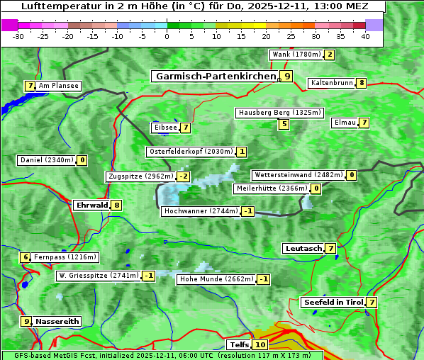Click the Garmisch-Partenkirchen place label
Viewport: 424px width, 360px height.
coord(215,76)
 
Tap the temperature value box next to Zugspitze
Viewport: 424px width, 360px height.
coord(184,176)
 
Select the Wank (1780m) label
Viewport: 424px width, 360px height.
coord(296,55)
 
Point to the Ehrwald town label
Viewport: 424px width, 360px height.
coord(91,206)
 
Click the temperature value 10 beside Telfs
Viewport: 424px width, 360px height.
coord(261,345)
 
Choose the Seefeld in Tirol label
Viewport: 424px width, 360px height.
coord(333,303)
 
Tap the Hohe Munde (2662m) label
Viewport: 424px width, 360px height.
coord(217,279)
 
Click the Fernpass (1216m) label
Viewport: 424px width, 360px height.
coord(66,257)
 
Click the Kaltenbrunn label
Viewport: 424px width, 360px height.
coord(331,83)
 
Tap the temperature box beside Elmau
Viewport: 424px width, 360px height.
coord(364,123)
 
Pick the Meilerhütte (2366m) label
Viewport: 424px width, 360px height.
coord(271,189)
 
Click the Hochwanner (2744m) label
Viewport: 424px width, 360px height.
coord(201,211)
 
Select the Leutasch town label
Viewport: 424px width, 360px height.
coord(303,249)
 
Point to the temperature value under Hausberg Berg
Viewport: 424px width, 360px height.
coord(284,125)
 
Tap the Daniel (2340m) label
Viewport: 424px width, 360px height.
coord(46,160)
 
